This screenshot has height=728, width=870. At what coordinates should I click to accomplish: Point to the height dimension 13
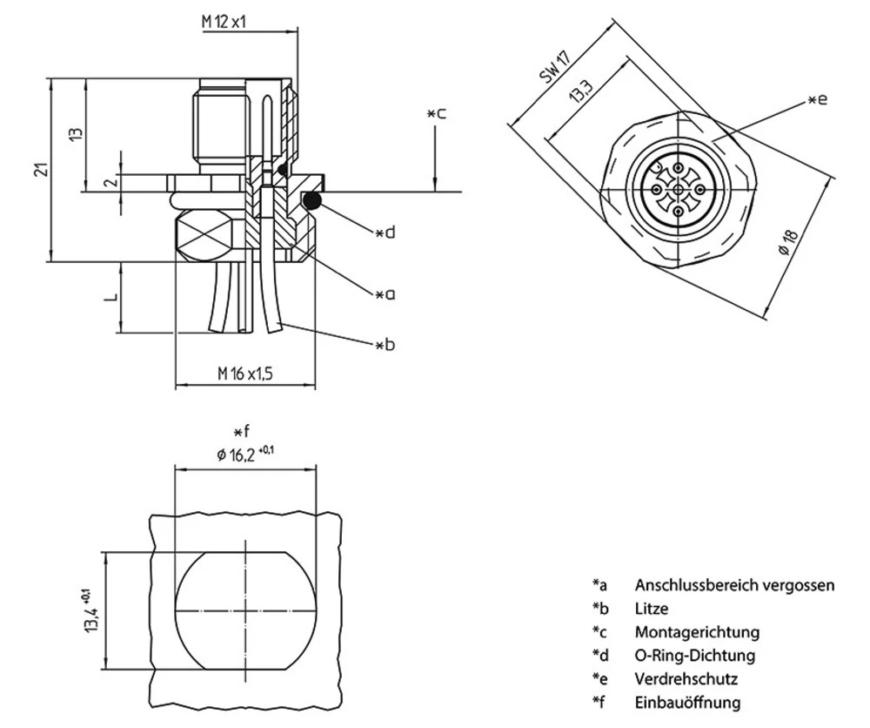point(77,134)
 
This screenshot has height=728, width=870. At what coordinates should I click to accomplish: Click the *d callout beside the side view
point(385,233)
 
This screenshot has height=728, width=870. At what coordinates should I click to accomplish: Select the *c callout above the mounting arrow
point(437,113)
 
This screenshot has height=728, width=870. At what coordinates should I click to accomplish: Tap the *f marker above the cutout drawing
point(242,431)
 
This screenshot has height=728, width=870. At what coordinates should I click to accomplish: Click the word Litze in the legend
point(652,609)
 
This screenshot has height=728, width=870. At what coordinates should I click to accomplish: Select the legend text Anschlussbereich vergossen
point(734,585)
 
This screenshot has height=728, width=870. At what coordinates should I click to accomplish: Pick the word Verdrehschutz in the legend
point(687,678)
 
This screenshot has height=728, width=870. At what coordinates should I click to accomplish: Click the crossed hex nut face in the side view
point(205,235)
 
